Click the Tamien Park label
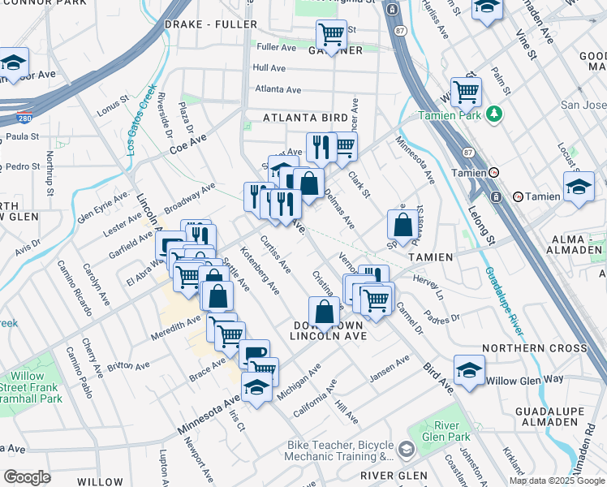pyautogui.click(x=451, y=115)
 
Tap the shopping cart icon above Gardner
pyautogui.click(x=330, y=34)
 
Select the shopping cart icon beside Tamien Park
pyautogui.click(x=466, y=92)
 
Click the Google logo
pyautogui.click(x=28, y=477)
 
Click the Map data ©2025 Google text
pyautogui.click(x=557, y=481)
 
